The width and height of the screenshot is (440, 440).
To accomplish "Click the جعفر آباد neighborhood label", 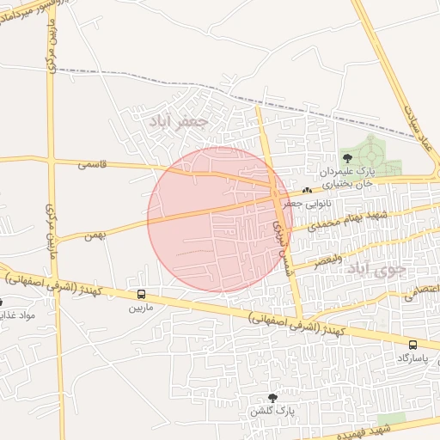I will tap(179, 122).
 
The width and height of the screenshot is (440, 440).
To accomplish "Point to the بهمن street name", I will tap(95, 234).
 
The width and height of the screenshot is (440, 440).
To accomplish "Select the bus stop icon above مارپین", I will tap(141, 294).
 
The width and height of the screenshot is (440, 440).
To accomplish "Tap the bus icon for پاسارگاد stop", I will tap(413, 344).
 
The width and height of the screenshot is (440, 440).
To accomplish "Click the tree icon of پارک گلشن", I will tap(273, 398).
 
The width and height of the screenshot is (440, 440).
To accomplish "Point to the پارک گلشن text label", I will tap(273, 411).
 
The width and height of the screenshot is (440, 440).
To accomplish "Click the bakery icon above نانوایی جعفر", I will tap(308, 190).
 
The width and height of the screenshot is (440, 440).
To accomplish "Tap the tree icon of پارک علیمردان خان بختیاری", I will tap(347, 157).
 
